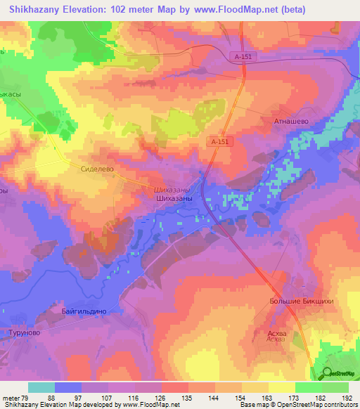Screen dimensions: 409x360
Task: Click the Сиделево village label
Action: [97, 169]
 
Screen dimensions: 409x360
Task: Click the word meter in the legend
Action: [11, 398]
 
